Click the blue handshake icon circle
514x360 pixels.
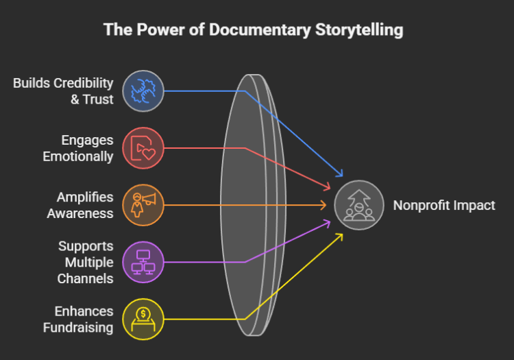tap(143, 91)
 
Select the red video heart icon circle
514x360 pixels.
tap(143, 148)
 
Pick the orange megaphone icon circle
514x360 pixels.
tap(143, 204)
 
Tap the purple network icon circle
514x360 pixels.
tap(143, 262)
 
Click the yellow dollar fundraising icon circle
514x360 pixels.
tap(143, 319)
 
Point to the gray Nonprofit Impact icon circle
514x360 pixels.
tap(359, 205)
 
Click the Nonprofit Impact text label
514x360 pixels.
tap(443, 205)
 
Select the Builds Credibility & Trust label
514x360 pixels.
tap(63, 91)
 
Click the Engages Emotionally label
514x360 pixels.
tap(77, 148)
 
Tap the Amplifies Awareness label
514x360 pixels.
tap(80, 205)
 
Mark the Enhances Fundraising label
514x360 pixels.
tap(77, 320)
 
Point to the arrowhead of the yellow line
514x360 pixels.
tap(339, 237)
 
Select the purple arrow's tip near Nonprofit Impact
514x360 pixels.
tap(327, 221)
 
